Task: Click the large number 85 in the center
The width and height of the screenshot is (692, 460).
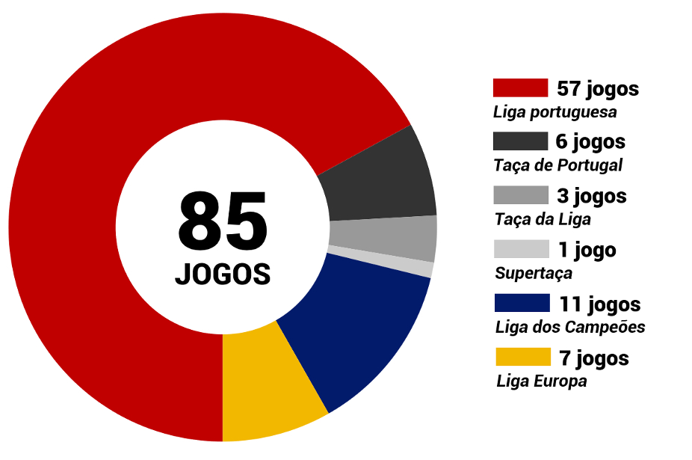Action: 223,221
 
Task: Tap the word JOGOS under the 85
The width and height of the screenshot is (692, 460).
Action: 223,274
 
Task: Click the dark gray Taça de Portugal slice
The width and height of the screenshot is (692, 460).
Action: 381,176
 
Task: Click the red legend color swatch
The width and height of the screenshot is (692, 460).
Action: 520,88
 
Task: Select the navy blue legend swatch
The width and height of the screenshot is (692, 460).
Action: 522,303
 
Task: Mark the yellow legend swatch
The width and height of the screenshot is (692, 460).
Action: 522,357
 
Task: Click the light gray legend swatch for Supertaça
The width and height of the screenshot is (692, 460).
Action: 522,249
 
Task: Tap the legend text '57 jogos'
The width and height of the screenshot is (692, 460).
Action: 598,88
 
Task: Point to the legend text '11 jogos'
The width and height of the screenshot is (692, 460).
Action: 599,304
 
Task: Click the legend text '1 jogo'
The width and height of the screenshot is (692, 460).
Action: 587,249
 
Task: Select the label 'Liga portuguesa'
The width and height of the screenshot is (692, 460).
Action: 554,112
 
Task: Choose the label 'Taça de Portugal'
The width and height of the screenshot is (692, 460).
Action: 557,165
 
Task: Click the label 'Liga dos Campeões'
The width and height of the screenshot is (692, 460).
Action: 570,327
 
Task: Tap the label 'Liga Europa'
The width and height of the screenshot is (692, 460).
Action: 542,381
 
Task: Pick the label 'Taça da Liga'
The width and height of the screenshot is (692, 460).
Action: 543,219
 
